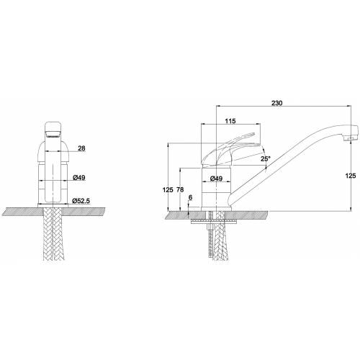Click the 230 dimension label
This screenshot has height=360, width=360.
tap(277, 103)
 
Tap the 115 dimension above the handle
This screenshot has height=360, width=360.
tap(230, 121)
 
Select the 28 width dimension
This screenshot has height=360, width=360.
tap(81, 148)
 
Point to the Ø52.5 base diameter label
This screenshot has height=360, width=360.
tap(81, 200)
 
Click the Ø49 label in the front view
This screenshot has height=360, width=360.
tap(79, 178)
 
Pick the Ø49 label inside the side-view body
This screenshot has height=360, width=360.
tap(216, 179)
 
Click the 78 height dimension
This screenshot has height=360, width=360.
tap(180, 189)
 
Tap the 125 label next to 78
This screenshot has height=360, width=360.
tap(168, 189)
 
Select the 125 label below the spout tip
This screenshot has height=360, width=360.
tap(351, 176)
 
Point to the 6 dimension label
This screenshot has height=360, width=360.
tap(190, 197)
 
